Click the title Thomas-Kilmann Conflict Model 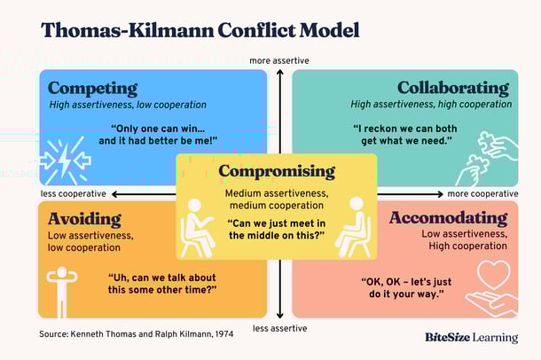pos(200,31)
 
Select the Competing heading pos(92,89)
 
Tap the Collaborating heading pos(452,89)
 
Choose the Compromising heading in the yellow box pos(277,171)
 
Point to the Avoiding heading pos(84,218)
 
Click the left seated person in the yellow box pos(197,225)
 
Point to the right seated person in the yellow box pos(356,225)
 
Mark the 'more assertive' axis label pos(279,61)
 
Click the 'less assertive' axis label pos(279,327)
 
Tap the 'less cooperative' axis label pos(73,193)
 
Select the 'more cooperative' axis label pos(482,193)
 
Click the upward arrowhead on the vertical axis pos(279,73)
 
